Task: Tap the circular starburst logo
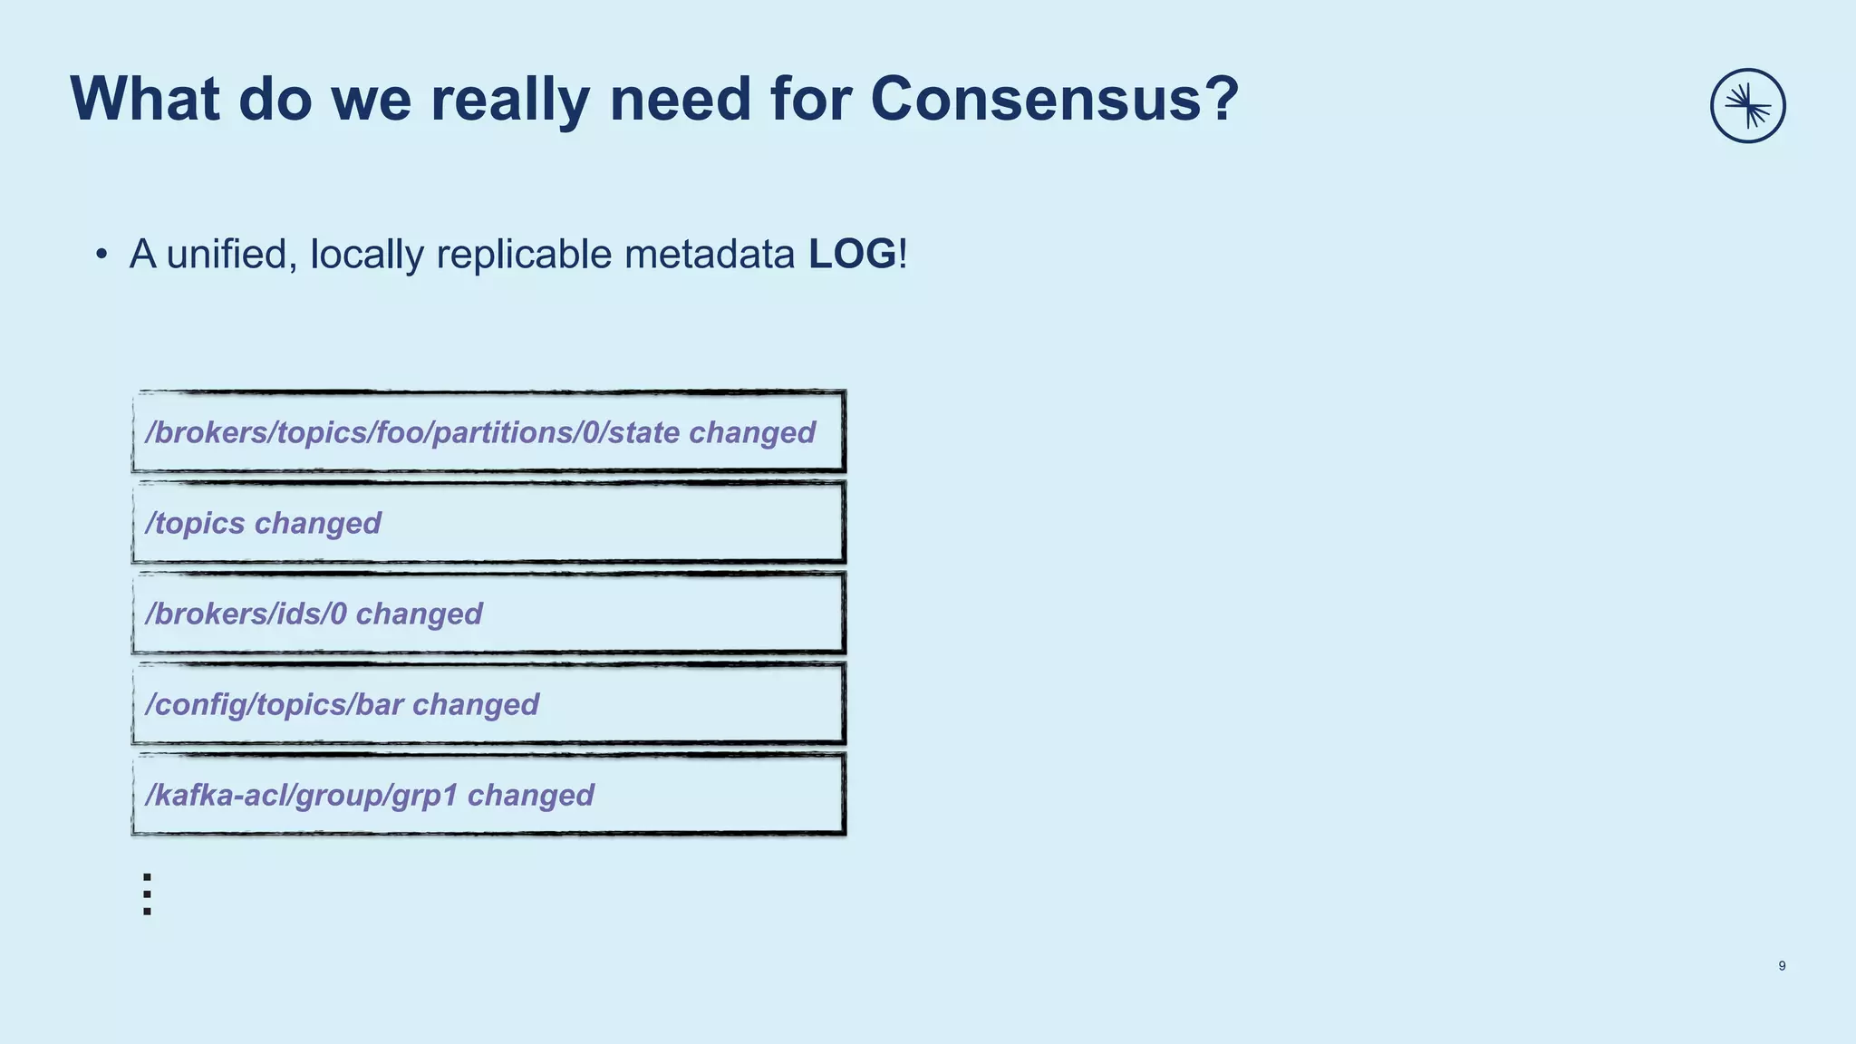tap(1747, 106)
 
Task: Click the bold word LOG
tap(852, 254)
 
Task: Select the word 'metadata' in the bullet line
tap(709, 254)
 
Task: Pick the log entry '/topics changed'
tap(488, 523)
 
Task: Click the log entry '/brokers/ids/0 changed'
tap(488, 614)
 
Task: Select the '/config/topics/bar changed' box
tap(488, 704)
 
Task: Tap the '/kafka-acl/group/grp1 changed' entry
tap(488, 795)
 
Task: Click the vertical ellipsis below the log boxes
tap(147, 894)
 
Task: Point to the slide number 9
tap(1782, 966)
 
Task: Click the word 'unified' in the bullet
tap(231, 254)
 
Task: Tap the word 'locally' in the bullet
tap(366, 256)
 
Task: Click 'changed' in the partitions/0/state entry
tap(751, 433)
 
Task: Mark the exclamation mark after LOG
tap(903, 254)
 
